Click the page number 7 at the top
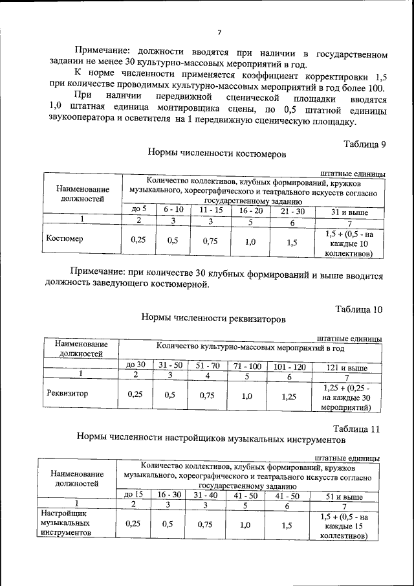[x=219, y=33]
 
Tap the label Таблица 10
[x=359, y=310]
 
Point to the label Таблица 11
[x=356, y=429]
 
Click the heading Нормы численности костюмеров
[x=216, y=154]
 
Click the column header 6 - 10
[x=173, y=210]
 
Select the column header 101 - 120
[x=289, y=366]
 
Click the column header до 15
[x=133, y=495]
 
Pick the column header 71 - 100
[x=247, y=366]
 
